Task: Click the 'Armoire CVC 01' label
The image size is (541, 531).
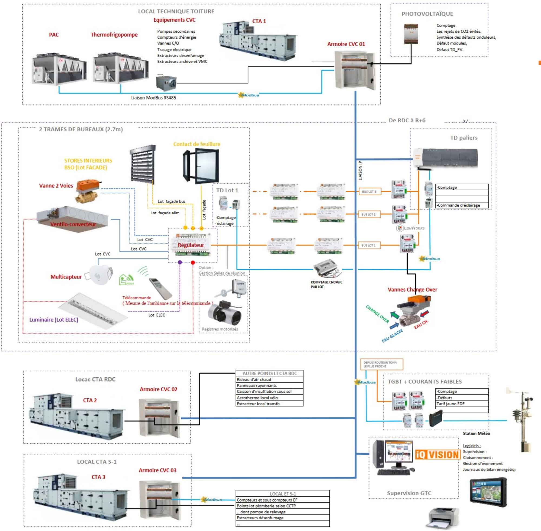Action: pyautogui.click(x=346, y=44)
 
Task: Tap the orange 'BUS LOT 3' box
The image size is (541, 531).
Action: pyautogui.click(x=369, y=192)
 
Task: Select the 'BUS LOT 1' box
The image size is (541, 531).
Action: pyautogui.click(x=368, y=245)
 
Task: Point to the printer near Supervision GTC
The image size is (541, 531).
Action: pyautogui.click(x=443, y=518)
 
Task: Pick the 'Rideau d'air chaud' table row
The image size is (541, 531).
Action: pyautogui.click(x=269, y=379)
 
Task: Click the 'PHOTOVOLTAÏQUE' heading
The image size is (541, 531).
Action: pyautogui.click(x=427, y=14)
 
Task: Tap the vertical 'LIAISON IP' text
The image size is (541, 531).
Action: pyautogui.click(x=360, y=171)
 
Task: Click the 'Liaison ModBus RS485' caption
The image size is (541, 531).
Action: pyautogui.click(x=154, y=98)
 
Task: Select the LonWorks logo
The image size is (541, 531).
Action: pyautogui.click(x=411, y=228)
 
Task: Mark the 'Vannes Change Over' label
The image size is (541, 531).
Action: pyautogui.click(x=412, y=290)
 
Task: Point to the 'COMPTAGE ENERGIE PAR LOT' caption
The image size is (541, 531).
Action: pyautogui.click(x=326, y=284)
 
